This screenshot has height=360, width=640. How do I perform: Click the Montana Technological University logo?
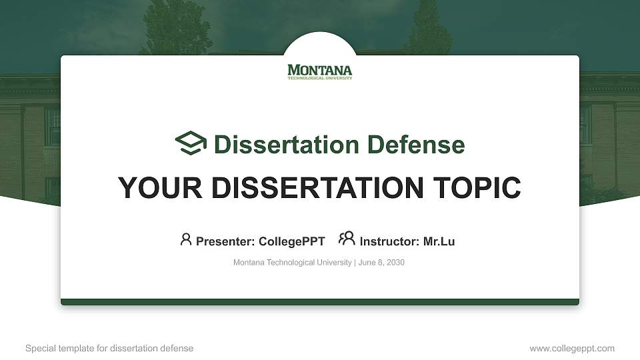(320, 71)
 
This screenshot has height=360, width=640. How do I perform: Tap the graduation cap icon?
(191, 144)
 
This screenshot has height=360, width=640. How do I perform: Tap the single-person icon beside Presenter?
(186, 239)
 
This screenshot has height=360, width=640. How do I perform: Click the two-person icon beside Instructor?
(347, 239)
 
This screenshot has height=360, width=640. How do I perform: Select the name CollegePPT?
(291, 241)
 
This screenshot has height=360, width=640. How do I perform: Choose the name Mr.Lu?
(439, 241)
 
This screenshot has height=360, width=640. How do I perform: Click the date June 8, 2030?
(381, 263)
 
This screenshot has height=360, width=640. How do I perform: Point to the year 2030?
(395, 263)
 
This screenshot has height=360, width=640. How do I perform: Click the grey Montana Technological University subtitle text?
(292, 263)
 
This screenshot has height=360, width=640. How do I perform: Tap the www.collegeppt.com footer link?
(572, 348)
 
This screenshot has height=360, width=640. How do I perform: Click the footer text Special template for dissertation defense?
(109, 348)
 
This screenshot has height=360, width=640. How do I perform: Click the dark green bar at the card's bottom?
(320, 302)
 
